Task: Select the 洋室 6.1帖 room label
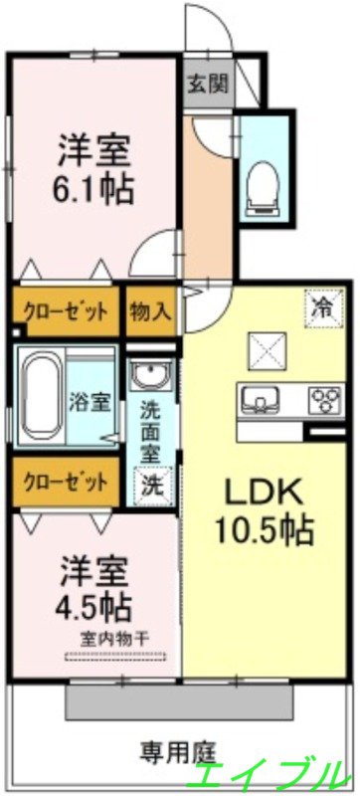tap(93, 169)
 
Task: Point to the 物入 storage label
tap(151, 309)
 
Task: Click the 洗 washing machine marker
tap(151, 487)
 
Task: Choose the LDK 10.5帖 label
tap(267, 508)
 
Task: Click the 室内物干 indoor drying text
tap(114, 637)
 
